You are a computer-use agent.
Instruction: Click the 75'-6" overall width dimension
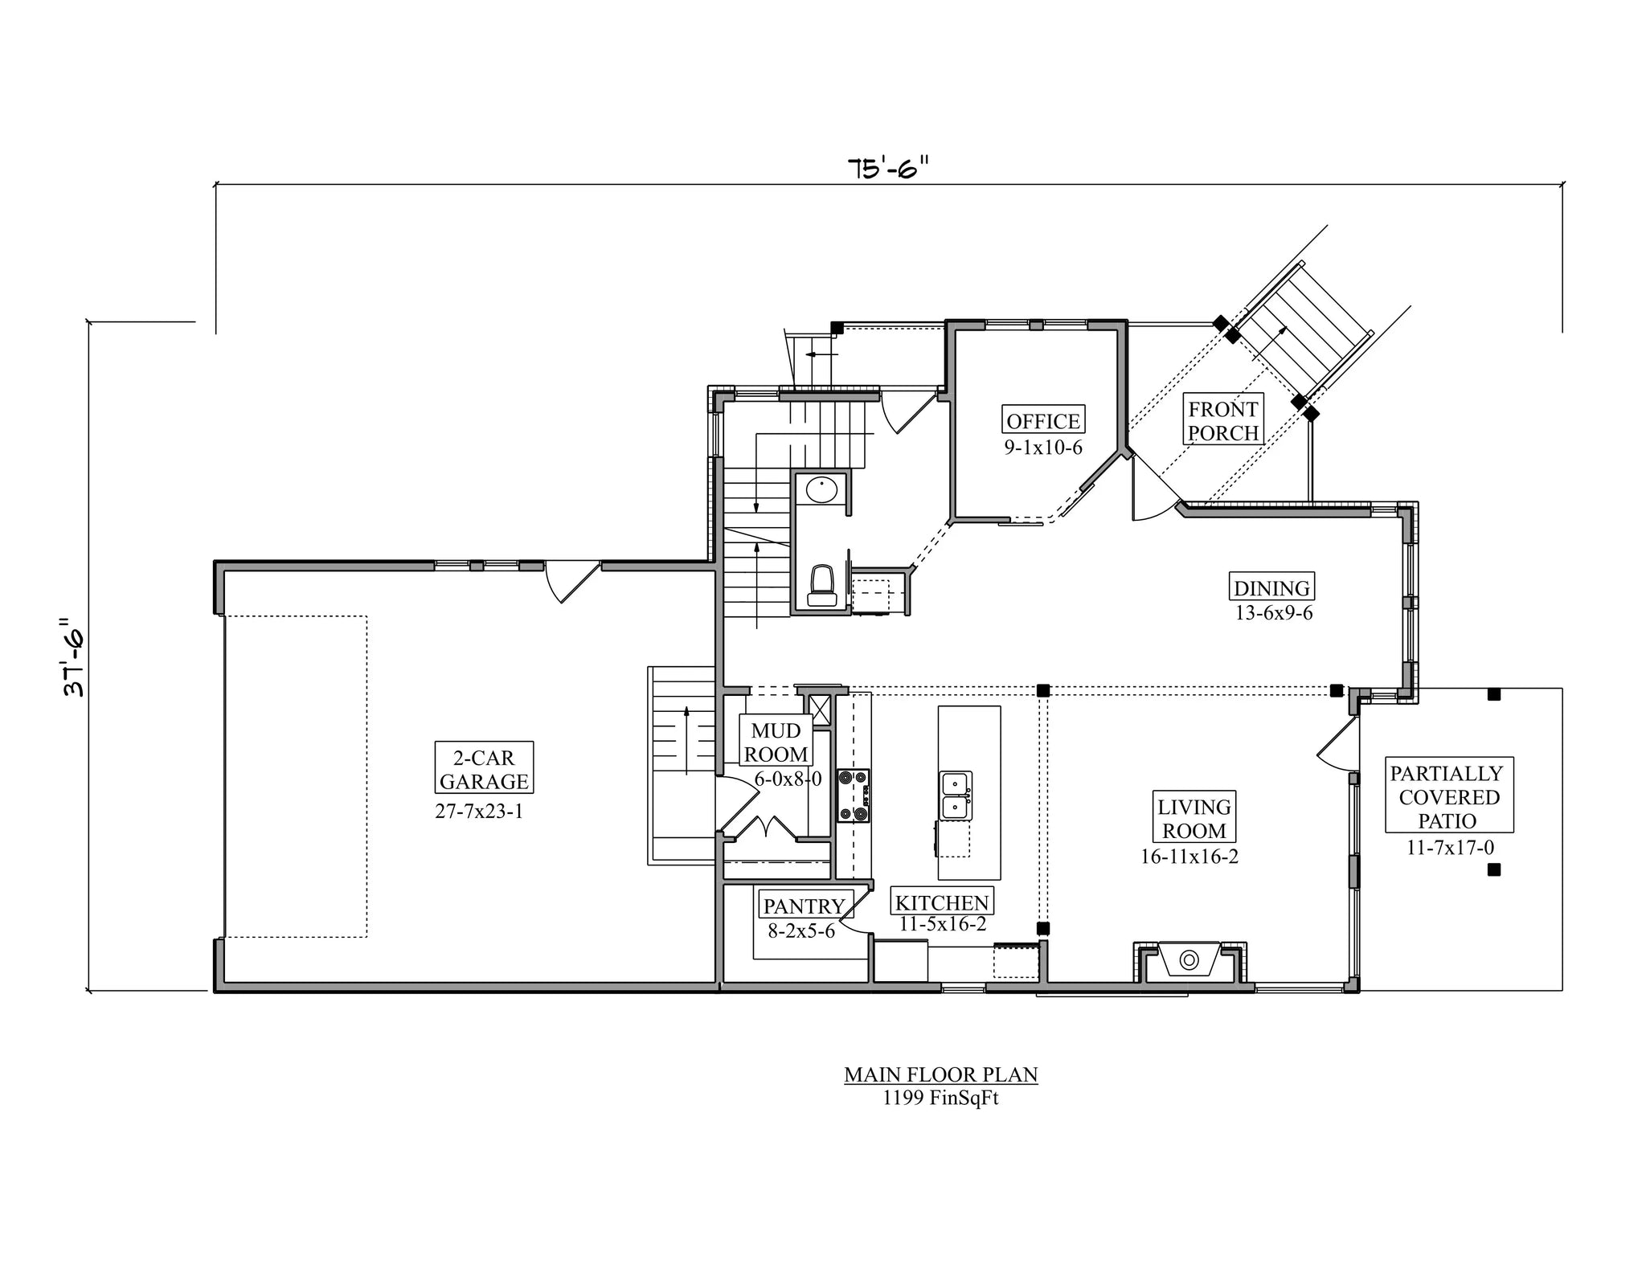(x=887, y=168)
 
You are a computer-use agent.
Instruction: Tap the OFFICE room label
(x=1043, y=420)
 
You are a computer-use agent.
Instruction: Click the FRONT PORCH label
(x=1223, y=420)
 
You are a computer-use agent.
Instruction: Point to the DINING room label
(x=1272, y=587)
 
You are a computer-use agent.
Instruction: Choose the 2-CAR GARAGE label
(x=484, y=768)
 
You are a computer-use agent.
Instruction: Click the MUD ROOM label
(x=776, y=742)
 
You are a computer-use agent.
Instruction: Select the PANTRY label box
(x=804, y=906)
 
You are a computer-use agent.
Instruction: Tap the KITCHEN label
(x=942, y=902)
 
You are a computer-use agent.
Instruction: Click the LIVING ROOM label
(x=1194, y=817)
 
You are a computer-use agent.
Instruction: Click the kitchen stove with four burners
(x=854, y=796)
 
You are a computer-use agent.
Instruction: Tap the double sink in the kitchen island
(x=956, y=796)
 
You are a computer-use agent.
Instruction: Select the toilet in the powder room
(x=822, y=586)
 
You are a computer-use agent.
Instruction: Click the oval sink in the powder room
(x=821, y=489)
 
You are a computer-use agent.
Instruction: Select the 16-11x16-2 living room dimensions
(x=1189, y=857)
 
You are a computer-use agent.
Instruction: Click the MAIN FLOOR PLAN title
(x=940, y=1074)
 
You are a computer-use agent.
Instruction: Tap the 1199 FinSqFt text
(x=940, y=1098)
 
